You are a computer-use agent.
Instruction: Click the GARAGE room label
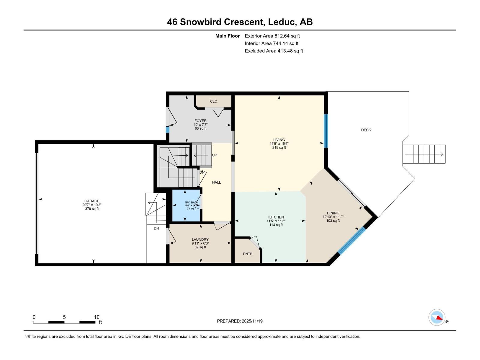click(x=92, y=201)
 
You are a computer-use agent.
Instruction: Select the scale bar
click(x=64, y=322)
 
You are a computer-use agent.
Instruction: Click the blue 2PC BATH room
click(x=186, y=205)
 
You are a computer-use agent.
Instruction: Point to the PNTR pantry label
click(x=248, y=254)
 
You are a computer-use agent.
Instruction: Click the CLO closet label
click(x=214, y=101)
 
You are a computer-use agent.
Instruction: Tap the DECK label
click(x=366, y=130)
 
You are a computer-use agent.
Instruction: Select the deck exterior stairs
click(x=424, y=154)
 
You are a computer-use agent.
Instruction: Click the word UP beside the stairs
click(x=214, y=155)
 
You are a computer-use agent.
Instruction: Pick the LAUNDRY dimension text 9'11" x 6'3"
click(x=200, y=243)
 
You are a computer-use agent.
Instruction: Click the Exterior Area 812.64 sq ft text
click(x=272, y=36)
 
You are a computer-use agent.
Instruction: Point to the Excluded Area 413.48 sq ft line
click(x=274, y=51)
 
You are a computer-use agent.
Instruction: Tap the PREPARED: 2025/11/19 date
click(x=240, y=321)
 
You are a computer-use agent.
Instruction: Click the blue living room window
click(x=326, y=131)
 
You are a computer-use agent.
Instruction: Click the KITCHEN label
click(x=276, y=217)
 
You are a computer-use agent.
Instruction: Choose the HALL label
click(x=216, y=182)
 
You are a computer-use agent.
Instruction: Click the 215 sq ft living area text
click(x=279, y=148)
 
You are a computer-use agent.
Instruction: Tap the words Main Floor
click(x=227, y=36)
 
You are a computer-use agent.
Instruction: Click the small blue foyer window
click(x=168, y=130)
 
